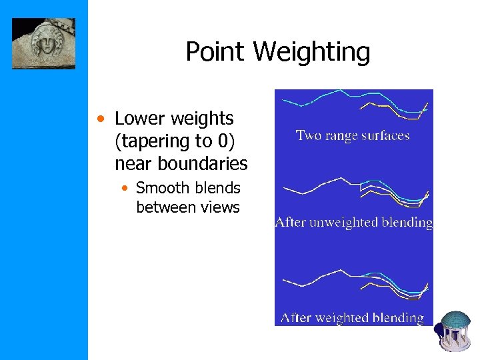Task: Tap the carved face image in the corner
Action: click(x=43, y=43)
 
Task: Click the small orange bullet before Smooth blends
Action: click(x=125, y=189)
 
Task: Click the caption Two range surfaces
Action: click(x=353, y=136)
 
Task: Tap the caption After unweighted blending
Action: click(x=354, y=223)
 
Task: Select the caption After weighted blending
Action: click(x=353, y=318)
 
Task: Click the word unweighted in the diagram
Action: click(x=344, y=223)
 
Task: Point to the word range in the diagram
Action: click(x=338, y=137)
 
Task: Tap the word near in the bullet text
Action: click(x=133, y=163)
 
